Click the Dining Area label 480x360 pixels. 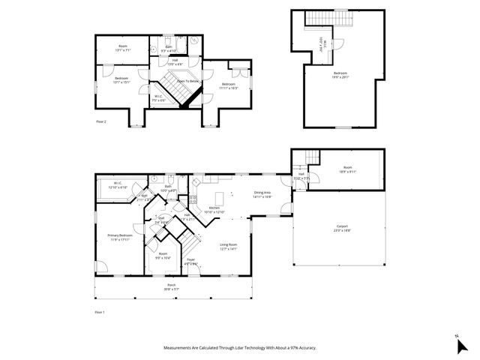(x=262, y=194)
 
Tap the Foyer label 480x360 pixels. (x=191, y=262)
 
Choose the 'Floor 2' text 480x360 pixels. (x=100, y=120)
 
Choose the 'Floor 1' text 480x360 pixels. (x=100, y=311)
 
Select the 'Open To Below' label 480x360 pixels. (x=188, y=80)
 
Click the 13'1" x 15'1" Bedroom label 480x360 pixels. (x=121, y=79)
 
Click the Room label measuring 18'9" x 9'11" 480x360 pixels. (x=347, y=169)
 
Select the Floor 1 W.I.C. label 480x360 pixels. (x=118, y=184)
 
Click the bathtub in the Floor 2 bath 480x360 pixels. (x=192, y=40)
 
